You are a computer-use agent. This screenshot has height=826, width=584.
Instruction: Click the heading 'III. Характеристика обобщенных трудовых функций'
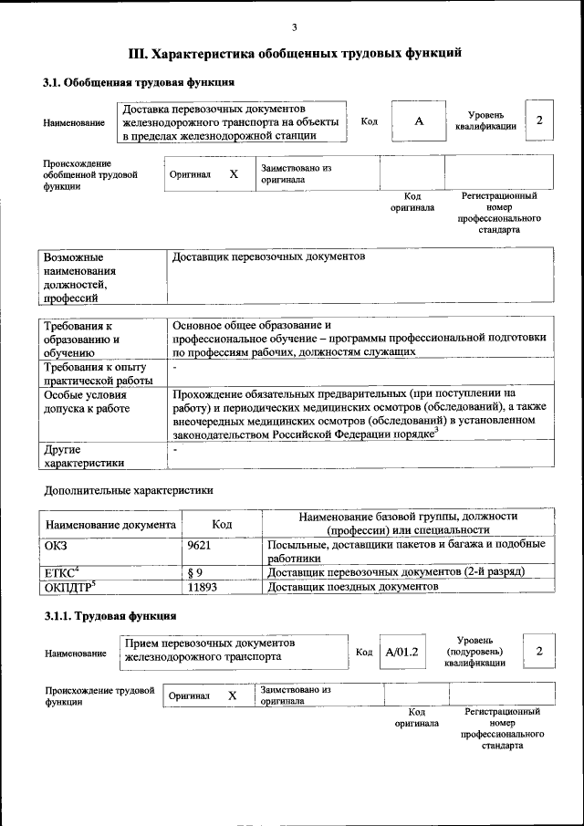tap(295, 53)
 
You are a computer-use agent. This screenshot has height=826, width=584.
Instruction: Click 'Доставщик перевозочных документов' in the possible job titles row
tap(268, 257)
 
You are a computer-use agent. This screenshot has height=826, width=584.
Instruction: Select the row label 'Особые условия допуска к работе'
tap(85, 403)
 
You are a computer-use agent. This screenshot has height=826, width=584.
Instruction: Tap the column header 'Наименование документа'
tap(110, 526)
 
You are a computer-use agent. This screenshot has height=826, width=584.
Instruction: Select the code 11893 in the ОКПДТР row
tap(204, 587)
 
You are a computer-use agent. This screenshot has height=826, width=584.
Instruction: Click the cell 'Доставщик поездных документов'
tap(352, 587)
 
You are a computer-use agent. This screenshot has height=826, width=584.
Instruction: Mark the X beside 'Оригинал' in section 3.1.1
tap(232, 695)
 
